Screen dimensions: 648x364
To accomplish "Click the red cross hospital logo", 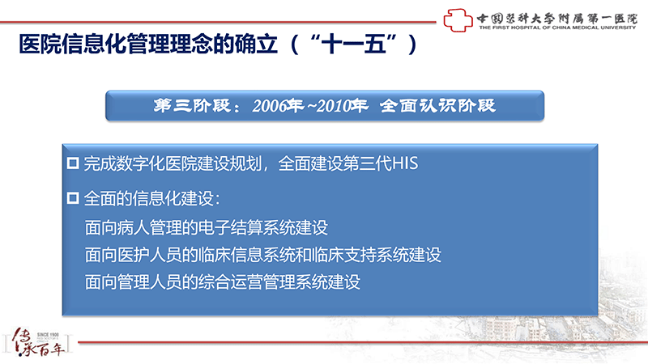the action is pos(458,20).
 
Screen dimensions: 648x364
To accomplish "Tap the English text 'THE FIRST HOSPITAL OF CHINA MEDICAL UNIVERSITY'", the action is pos(557,28).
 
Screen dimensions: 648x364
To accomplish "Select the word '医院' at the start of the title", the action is pos(40,44).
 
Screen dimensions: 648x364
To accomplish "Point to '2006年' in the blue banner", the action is pos(278,106).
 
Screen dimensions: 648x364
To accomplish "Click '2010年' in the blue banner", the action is pos(343,106).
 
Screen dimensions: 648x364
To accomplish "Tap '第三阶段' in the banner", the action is pos(192,106).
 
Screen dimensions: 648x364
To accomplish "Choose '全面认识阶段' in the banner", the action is pos(437,106).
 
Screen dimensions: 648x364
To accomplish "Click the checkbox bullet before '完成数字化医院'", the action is pos(73,163).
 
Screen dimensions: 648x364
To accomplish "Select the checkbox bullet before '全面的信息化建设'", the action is pos(73,198).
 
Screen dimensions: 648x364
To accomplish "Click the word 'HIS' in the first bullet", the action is pos(405,163).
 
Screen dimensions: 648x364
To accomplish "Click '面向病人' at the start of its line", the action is pos(117,227).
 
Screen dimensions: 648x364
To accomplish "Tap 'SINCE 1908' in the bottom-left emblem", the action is pos(48,335).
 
